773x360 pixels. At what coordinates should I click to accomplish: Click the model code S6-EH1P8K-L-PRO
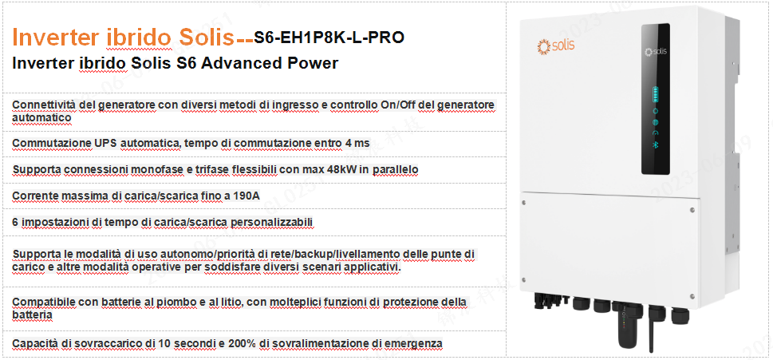coord(329,37)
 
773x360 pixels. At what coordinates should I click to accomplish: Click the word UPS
coord(105,143)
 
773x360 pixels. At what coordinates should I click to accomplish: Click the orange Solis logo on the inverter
coord(555,46)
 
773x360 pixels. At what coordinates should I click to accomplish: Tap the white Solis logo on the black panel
coord(656,51)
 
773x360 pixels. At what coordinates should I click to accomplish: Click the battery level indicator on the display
coord(656,93)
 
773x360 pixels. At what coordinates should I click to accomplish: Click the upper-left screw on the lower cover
coord(523,201)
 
